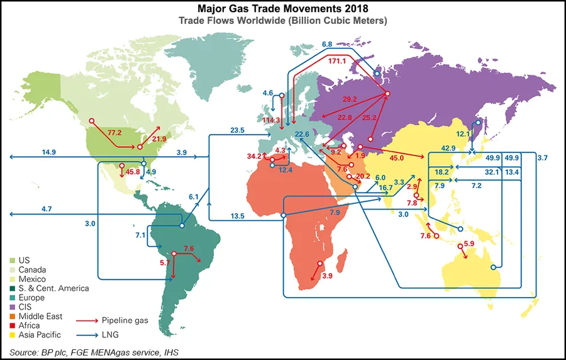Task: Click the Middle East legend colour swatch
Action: click(13, 316)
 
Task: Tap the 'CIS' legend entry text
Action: click(29, 307)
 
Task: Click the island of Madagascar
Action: click(342, 259)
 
